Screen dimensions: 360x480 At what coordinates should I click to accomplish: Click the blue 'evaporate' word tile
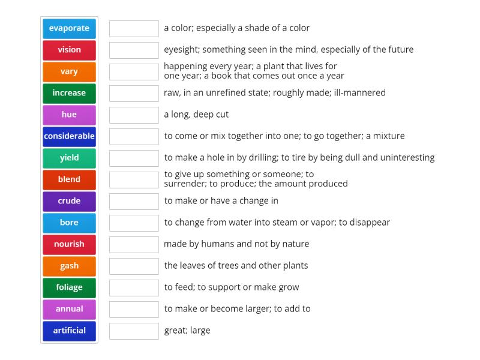[69, 28]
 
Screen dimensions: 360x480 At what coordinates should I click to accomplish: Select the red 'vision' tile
[69, 50]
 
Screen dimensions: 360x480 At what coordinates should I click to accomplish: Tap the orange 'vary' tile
[69, 71]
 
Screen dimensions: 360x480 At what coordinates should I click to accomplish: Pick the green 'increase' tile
[69, 93]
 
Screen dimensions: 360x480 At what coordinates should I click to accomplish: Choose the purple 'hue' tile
[69, 115]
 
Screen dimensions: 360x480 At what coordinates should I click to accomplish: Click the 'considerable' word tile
[69, 136]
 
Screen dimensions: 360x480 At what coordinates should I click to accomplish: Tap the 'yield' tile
[69, 158]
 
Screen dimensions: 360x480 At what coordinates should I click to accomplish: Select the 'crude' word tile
[69, 201]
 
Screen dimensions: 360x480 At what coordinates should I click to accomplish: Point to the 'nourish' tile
[69, 244]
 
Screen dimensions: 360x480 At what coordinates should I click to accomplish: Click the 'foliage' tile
[69, 287]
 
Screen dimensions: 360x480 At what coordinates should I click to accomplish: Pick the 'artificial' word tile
[69, 331]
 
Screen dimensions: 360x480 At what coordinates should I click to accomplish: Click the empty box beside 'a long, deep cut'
[134, 115]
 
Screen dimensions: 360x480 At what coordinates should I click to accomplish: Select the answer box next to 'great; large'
[134, 331]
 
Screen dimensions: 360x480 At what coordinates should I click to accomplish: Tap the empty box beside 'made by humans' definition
[134, 244]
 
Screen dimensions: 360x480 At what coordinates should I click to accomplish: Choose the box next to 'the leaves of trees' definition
[134, 266]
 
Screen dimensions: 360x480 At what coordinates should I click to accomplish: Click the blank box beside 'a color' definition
[134, 28]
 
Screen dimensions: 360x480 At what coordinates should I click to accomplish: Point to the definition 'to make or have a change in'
[221, 201]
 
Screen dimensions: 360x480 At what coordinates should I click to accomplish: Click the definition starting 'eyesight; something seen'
[289, 50]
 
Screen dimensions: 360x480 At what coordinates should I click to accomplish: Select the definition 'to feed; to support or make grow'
[232, 287]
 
